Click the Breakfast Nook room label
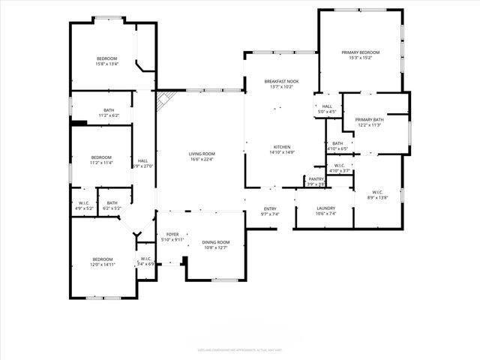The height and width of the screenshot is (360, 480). [281, 81]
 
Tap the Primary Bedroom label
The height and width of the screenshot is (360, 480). [361, 52]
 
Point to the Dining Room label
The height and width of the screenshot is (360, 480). [215, 242]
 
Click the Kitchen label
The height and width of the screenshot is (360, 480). [282, 147]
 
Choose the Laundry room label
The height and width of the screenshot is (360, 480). [325, 208]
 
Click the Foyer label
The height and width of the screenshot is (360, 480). [172, 234]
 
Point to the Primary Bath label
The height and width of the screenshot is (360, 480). [369, 120]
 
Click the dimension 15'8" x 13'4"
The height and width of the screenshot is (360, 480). [106, 64]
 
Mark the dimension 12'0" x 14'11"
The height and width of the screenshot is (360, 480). [102, 265]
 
